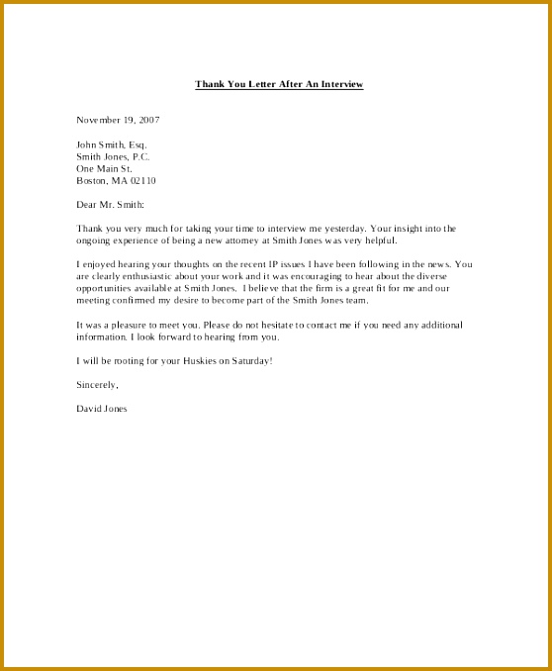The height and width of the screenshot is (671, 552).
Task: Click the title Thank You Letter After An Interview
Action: tap(279, 84)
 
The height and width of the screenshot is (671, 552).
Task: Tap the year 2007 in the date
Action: tap(148, 120)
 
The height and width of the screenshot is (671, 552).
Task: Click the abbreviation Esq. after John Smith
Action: tap(138, 144)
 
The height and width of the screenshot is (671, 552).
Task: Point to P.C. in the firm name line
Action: tap(140, 156)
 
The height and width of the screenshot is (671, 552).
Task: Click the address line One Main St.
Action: tap(104, 168)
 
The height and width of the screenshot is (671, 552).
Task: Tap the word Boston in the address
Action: tap(92, 180)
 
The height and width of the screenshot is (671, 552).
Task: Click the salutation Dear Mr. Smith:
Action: tap(110, 204)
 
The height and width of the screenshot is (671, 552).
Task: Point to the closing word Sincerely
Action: tap(97, 384)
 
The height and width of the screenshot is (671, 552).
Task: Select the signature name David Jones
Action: tap(101, 408)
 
